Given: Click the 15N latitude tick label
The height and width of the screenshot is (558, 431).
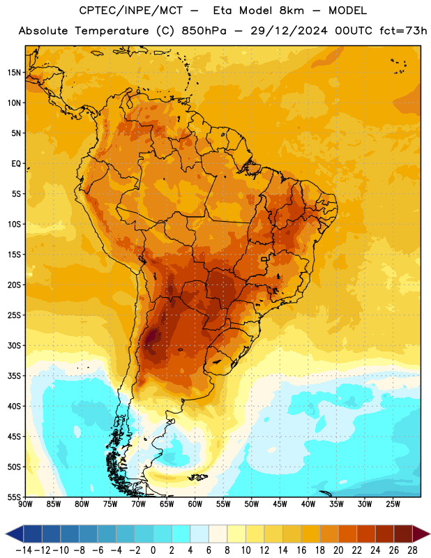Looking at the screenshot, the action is click(14, 73).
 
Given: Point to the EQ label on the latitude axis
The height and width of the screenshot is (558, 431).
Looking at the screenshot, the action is click(16, 164).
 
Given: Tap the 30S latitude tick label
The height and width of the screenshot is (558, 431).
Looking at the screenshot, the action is click(14, 345).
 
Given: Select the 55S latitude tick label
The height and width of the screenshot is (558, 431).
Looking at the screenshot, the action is click(14, 497).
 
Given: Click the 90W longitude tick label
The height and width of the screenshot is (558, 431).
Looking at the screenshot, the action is click(25, 504).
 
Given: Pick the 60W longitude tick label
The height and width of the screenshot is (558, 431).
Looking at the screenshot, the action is click(195, 504).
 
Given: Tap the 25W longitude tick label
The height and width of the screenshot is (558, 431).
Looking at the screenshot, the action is click(393, 504).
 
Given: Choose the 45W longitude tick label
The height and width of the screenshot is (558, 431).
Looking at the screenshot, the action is click(280, 504).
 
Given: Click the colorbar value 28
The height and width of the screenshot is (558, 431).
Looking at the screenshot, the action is click(412, 550).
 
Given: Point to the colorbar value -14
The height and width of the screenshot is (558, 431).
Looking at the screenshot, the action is click(24, 550).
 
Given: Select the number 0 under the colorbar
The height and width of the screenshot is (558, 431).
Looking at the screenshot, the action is click(153, 550).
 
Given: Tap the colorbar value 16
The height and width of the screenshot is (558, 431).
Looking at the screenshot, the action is click(301, 550).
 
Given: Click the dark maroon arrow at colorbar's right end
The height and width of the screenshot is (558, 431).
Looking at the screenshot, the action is click(421, 534).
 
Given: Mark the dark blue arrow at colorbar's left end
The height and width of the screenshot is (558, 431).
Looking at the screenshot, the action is click(15, 534).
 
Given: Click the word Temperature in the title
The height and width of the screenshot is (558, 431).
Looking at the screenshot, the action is click(112, 31).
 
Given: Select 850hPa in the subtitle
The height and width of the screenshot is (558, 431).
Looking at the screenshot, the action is click(204, 31).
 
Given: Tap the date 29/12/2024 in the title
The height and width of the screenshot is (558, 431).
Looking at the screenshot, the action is click(289, 31).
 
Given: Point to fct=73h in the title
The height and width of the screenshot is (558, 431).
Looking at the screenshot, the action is click(403, 31).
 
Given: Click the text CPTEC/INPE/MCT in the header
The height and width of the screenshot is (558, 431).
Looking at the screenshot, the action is click(131, 10).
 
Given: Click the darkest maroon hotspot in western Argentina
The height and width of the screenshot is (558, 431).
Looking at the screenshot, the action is click(153, 336).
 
